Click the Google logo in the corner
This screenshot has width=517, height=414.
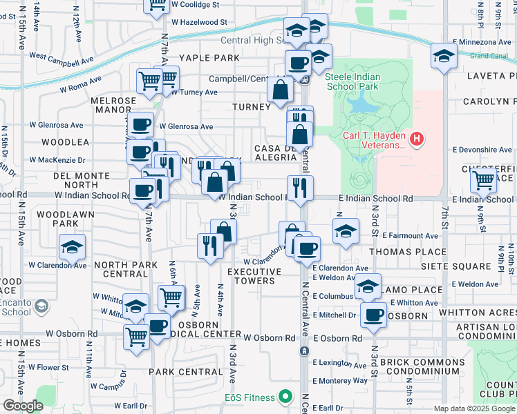[x=23, y=405]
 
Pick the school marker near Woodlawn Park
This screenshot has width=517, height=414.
[x=72, y=248]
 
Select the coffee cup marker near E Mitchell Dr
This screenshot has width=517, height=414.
[x=374, y=315]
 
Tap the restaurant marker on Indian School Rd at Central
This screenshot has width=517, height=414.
[x=299, y=188]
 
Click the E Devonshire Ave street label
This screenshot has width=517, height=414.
[x=482, y=149]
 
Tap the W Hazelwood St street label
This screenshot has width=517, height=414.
[x=199, y=22]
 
